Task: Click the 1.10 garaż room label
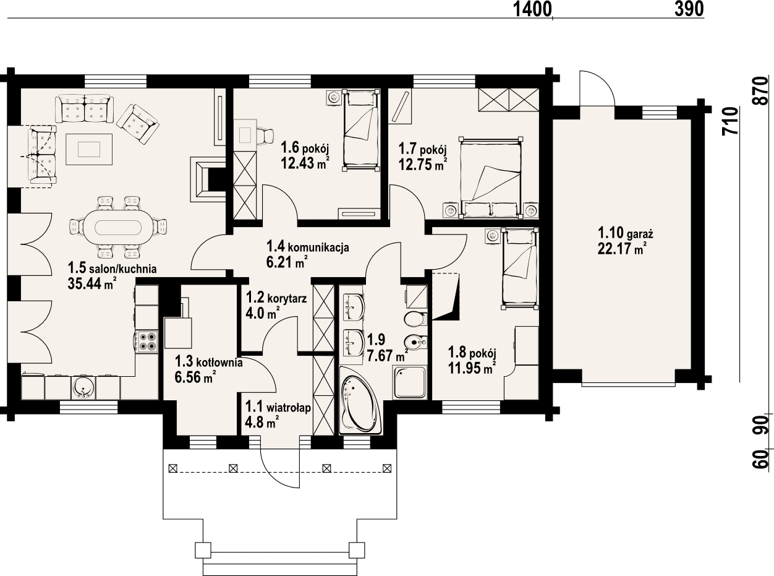(x=626, y=233)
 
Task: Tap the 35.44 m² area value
(x=92, y=283)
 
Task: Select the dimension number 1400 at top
(x=532, y=9)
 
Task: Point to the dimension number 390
(x=689, y=9)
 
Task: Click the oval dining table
(x=118, y=228)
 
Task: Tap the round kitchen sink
(x=83, y=388)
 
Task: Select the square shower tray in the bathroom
(x=410, y=382)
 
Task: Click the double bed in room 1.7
(x=491, y=178)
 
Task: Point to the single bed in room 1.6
(x=361, y=130)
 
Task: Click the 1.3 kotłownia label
(x=209, y=362)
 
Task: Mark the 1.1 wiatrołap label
(x=278, y=407)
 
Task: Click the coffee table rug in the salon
(x=89, y=149)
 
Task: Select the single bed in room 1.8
(x=519, y=269)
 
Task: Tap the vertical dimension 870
(x=762, y=90)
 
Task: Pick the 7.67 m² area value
(x=388, y=356)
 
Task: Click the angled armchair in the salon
(x=138, y=124)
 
